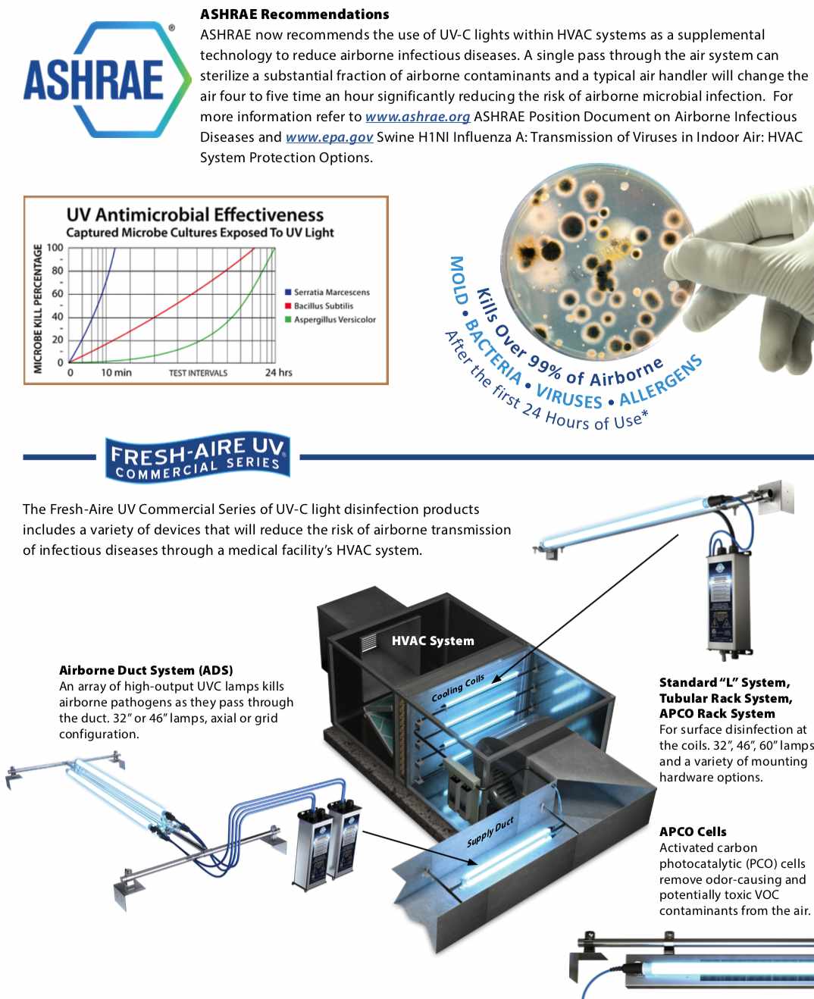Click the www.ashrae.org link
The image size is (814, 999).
coord(418,117)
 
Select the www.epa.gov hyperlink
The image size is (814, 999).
coord(329,137)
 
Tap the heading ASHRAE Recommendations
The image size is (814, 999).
coord(294,14)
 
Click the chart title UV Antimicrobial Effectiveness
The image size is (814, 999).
coord(195,215)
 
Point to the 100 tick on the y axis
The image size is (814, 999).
coord(55,248)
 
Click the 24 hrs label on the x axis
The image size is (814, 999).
coord(278,372)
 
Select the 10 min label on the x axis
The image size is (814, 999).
coord(116,372)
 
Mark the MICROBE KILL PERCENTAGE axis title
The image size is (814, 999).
coord(38,308)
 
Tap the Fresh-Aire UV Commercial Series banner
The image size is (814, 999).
coord(198,457)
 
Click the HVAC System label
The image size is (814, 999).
coord(433,640)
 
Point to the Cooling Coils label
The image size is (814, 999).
coord(458,688)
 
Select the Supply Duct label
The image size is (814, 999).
coord(490,831)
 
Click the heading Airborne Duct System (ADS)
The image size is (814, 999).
coord(146,670)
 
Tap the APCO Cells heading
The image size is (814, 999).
coord(692,831)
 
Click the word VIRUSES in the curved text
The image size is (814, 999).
coord(568,396)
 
